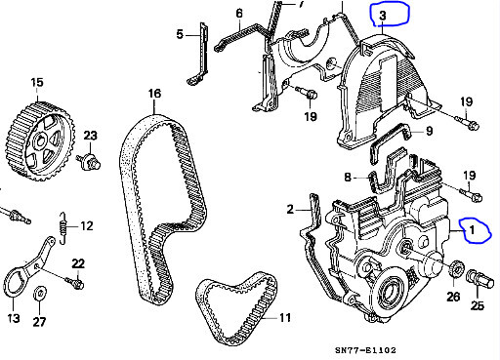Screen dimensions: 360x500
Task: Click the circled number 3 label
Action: [383, 16]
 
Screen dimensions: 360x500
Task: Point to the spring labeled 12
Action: [62, 227]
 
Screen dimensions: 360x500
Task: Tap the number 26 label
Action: [452, 297]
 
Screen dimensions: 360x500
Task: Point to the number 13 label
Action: [14, 318]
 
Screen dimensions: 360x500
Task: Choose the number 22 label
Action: [78, 263]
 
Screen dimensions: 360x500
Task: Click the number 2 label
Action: [290, 209]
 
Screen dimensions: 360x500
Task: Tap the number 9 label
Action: [428, 130]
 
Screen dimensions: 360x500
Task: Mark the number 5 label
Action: [180, 35]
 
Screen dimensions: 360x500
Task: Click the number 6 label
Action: [238, 14]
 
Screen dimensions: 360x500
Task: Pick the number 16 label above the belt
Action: [154, 95]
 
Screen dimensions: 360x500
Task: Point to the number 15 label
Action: [36, 82]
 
